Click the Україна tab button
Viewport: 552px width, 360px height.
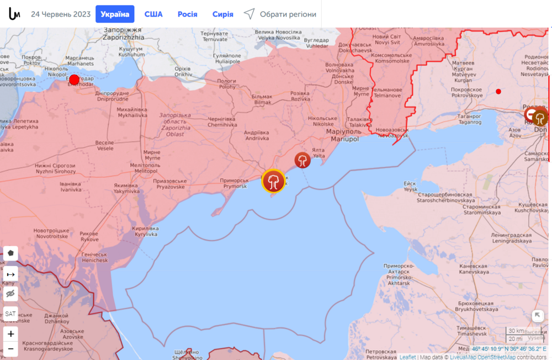[115, 14]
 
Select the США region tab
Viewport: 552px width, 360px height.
[153, 14]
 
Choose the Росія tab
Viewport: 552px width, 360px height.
[187, 14]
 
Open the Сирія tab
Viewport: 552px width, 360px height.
[222, 14]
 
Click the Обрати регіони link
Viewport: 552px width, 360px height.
[280, 14]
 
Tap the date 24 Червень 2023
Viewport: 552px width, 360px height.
[60, 14]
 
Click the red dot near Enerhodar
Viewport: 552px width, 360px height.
[74, 80]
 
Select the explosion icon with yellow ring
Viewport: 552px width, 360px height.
[273, 181]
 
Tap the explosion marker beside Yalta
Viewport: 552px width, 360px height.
[302, 160]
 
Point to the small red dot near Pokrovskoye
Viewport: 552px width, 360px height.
[498, 91]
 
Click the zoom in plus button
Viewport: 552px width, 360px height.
[10, 333]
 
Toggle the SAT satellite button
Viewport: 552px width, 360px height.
[10, 314]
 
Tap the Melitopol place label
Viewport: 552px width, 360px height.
[145, 169]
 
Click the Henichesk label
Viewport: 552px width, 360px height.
[97, 257]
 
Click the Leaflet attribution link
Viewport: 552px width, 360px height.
[407, 357]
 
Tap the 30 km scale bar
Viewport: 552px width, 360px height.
[516, 331]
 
